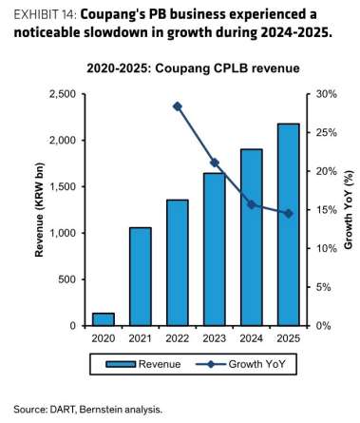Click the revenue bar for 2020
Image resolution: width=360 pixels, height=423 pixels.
click(x=104, y=319)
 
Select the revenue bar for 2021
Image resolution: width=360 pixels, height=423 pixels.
click(x=141, y=277)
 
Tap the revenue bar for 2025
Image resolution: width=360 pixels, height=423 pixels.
click(x=289, y=224)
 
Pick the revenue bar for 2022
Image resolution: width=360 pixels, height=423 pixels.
click(x=178, y=262)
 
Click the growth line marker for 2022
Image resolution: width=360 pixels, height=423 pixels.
click(x=178, y=106)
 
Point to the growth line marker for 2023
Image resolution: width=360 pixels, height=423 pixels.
click(x=215, y=163)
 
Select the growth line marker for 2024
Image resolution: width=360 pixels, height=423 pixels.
click(x=252, y=204)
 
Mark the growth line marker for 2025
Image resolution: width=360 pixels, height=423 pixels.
click(x=289, y=214)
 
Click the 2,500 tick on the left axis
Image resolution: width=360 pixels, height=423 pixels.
click(x=63, y=94)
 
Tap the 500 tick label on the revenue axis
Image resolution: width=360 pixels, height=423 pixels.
click(x=67, y=279)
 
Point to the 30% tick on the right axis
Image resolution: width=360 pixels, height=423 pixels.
click(x=326, y=94)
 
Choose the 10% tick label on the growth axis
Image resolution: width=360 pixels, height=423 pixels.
click(x=326, y=248)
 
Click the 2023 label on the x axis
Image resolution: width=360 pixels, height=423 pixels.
click(x=215, y=338)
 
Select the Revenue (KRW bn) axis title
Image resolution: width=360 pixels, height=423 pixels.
click(x=39, y=210)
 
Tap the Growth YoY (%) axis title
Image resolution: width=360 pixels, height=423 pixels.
click(x=349, y=210)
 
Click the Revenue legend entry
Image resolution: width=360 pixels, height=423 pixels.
click(x=143, y=364)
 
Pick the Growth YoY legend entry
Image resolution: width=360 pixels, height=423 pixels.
click(x=240, y=364)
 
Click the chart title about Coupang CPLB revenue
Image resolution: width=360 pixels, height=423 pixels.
click(x=193, y=68)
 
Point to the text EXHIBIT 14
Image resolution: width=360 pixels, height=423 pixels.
click(x=45, y=15)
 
